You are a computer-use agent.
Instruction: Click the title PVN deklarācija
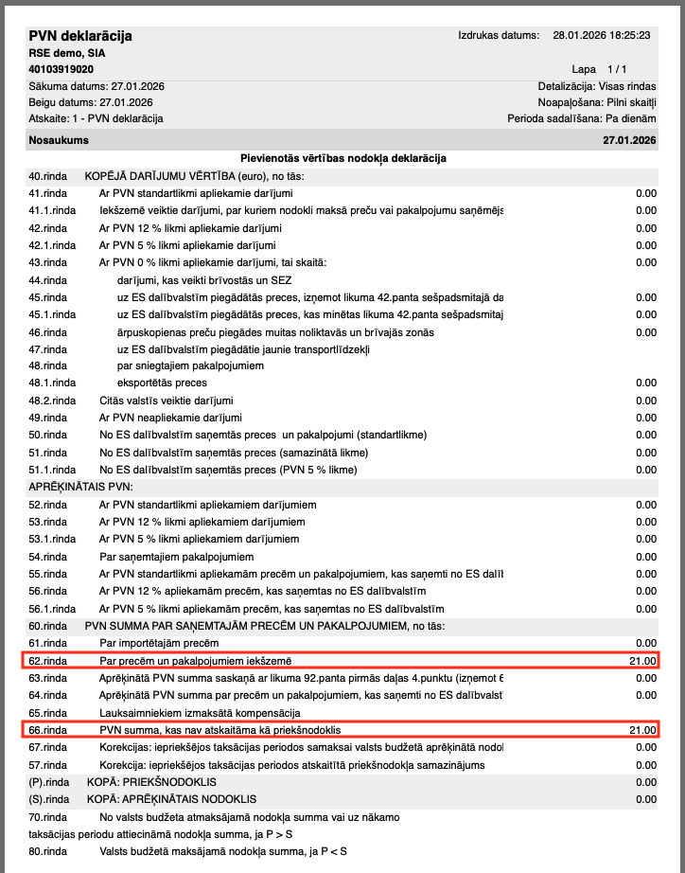coord(80,36)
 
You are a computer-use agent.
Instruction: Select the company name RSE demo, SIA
coord(67,53)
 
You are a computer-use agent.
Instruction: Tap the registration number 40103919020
coord(61,69)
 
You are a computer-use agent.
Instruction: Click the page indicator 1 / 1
coord(617,69)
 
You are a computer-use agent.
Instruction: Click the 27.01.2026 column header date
coord(629,140)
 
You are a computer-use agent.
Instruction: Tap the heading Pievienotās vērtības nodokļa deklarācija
coord(342,158)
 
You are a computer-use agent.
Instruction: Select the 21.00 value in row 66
coord(642,730)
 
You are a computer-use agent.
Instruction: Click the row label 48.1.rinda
coord(52,383)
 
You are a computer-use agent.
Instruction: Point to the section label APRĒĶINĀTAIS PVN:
coord(81,487)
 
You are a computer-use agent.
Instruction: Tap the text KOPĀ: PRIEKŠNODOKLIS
coord(151,782)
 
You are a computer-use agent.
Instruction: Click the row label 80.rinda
coord(48,851)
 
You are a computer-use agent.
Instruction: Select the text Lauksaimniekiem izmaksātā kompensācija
coord(200,712)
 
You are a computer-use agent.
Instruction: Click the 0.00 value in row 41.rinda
coord(645,193)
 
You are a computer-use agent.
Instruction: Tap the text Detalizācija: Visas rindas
coord(596,86)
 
